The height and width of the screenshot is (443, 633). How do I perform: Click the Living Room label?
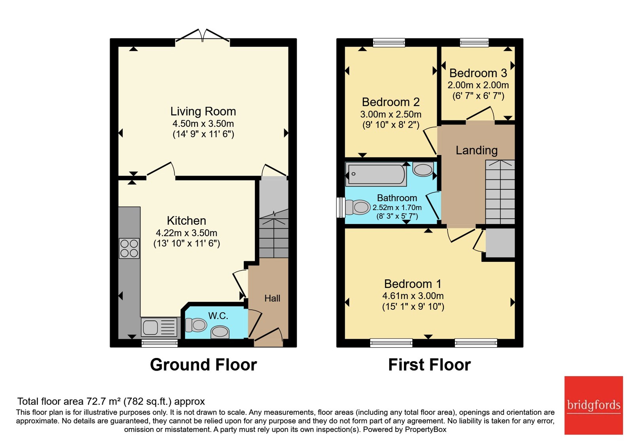click(x=203, y=111)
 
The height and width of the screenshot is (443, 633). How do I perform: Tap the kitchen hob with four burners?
click(x=129, y=248)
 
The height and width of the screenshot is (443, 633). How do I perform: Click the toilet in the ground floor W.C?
click(x=195, y=325)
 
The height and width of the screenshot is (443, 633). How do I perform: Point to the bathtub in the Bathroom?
click(x=376, y=174)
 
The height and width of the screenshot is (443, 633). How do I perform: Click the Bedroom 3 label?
click(x=478, y=73)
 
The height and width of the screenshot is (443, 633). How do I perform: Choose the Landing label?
click(x=476, y=150)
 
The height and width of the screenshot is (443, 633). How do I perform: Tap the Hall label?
click(x=272, y=298)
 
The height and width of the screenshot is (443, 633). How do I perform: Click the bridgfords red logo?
click(x=594, y=405)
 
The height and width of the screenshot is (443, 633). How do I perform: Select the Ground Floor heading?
click(x=203, y=364)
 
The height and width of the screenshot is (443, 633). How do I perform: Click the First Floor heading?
click(x=430, y=364)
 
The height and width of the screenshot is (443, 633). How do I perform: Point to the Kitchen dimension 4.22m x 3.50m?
click(x=186, y=233)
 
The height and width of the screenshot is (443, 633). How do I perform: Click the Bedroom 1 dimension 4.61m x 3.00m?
click(x=413, y=296)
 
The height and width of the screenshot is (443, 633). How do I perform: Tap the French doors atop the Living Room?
click(x=202, y=36)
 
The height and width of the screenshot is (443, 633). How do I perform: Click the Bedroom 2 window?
click(x=389, y=43)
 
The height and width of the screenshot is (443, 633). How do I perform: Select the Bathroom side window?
click(x=341, y=208)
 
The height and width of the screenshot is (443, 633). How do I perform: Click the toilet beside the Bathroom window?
click(x=358, y=207)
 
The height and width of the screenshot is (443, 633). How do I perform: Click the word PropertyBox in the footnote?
click(x=426, y=430)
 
